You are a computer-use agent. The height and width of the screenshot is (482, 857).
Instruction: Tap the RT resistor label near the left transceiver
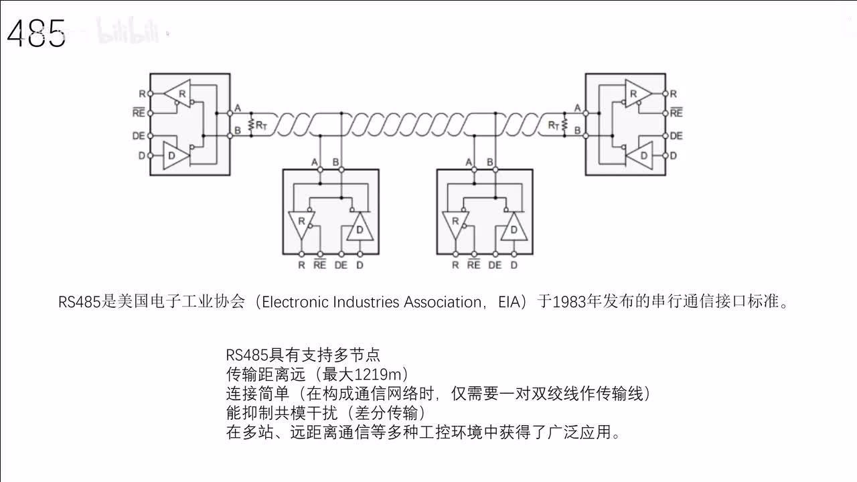point(260,125)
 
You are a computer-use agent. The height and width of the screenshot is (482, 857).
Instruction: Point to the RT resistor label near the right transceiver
point(554,125)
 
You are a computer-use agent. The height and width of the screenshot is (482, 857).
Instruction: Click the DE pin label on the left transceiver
point(139,135)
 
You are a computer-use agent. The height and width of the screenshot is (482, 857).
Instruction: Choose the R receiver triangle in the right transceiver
point(636,93)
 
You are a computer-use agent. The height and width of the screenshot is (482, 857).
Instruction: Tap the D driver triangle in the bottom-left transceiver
point(360,229)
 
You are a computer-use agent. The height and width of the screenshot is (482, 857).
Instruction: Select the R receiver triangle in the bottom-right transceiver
point(455,223)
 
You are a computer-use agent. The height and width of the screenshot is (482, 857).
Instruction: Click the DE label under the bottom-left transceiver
point(341,265)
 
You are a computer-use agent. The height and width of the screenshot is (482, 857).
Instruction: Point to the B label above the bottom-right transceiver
point(490,162)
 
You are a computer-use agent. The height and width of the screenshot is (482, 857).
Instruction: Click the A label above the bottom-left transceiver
point(315,162)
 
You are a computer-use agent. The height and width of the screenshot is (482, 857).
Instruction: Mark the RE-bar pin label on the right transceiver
point(676,113)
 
